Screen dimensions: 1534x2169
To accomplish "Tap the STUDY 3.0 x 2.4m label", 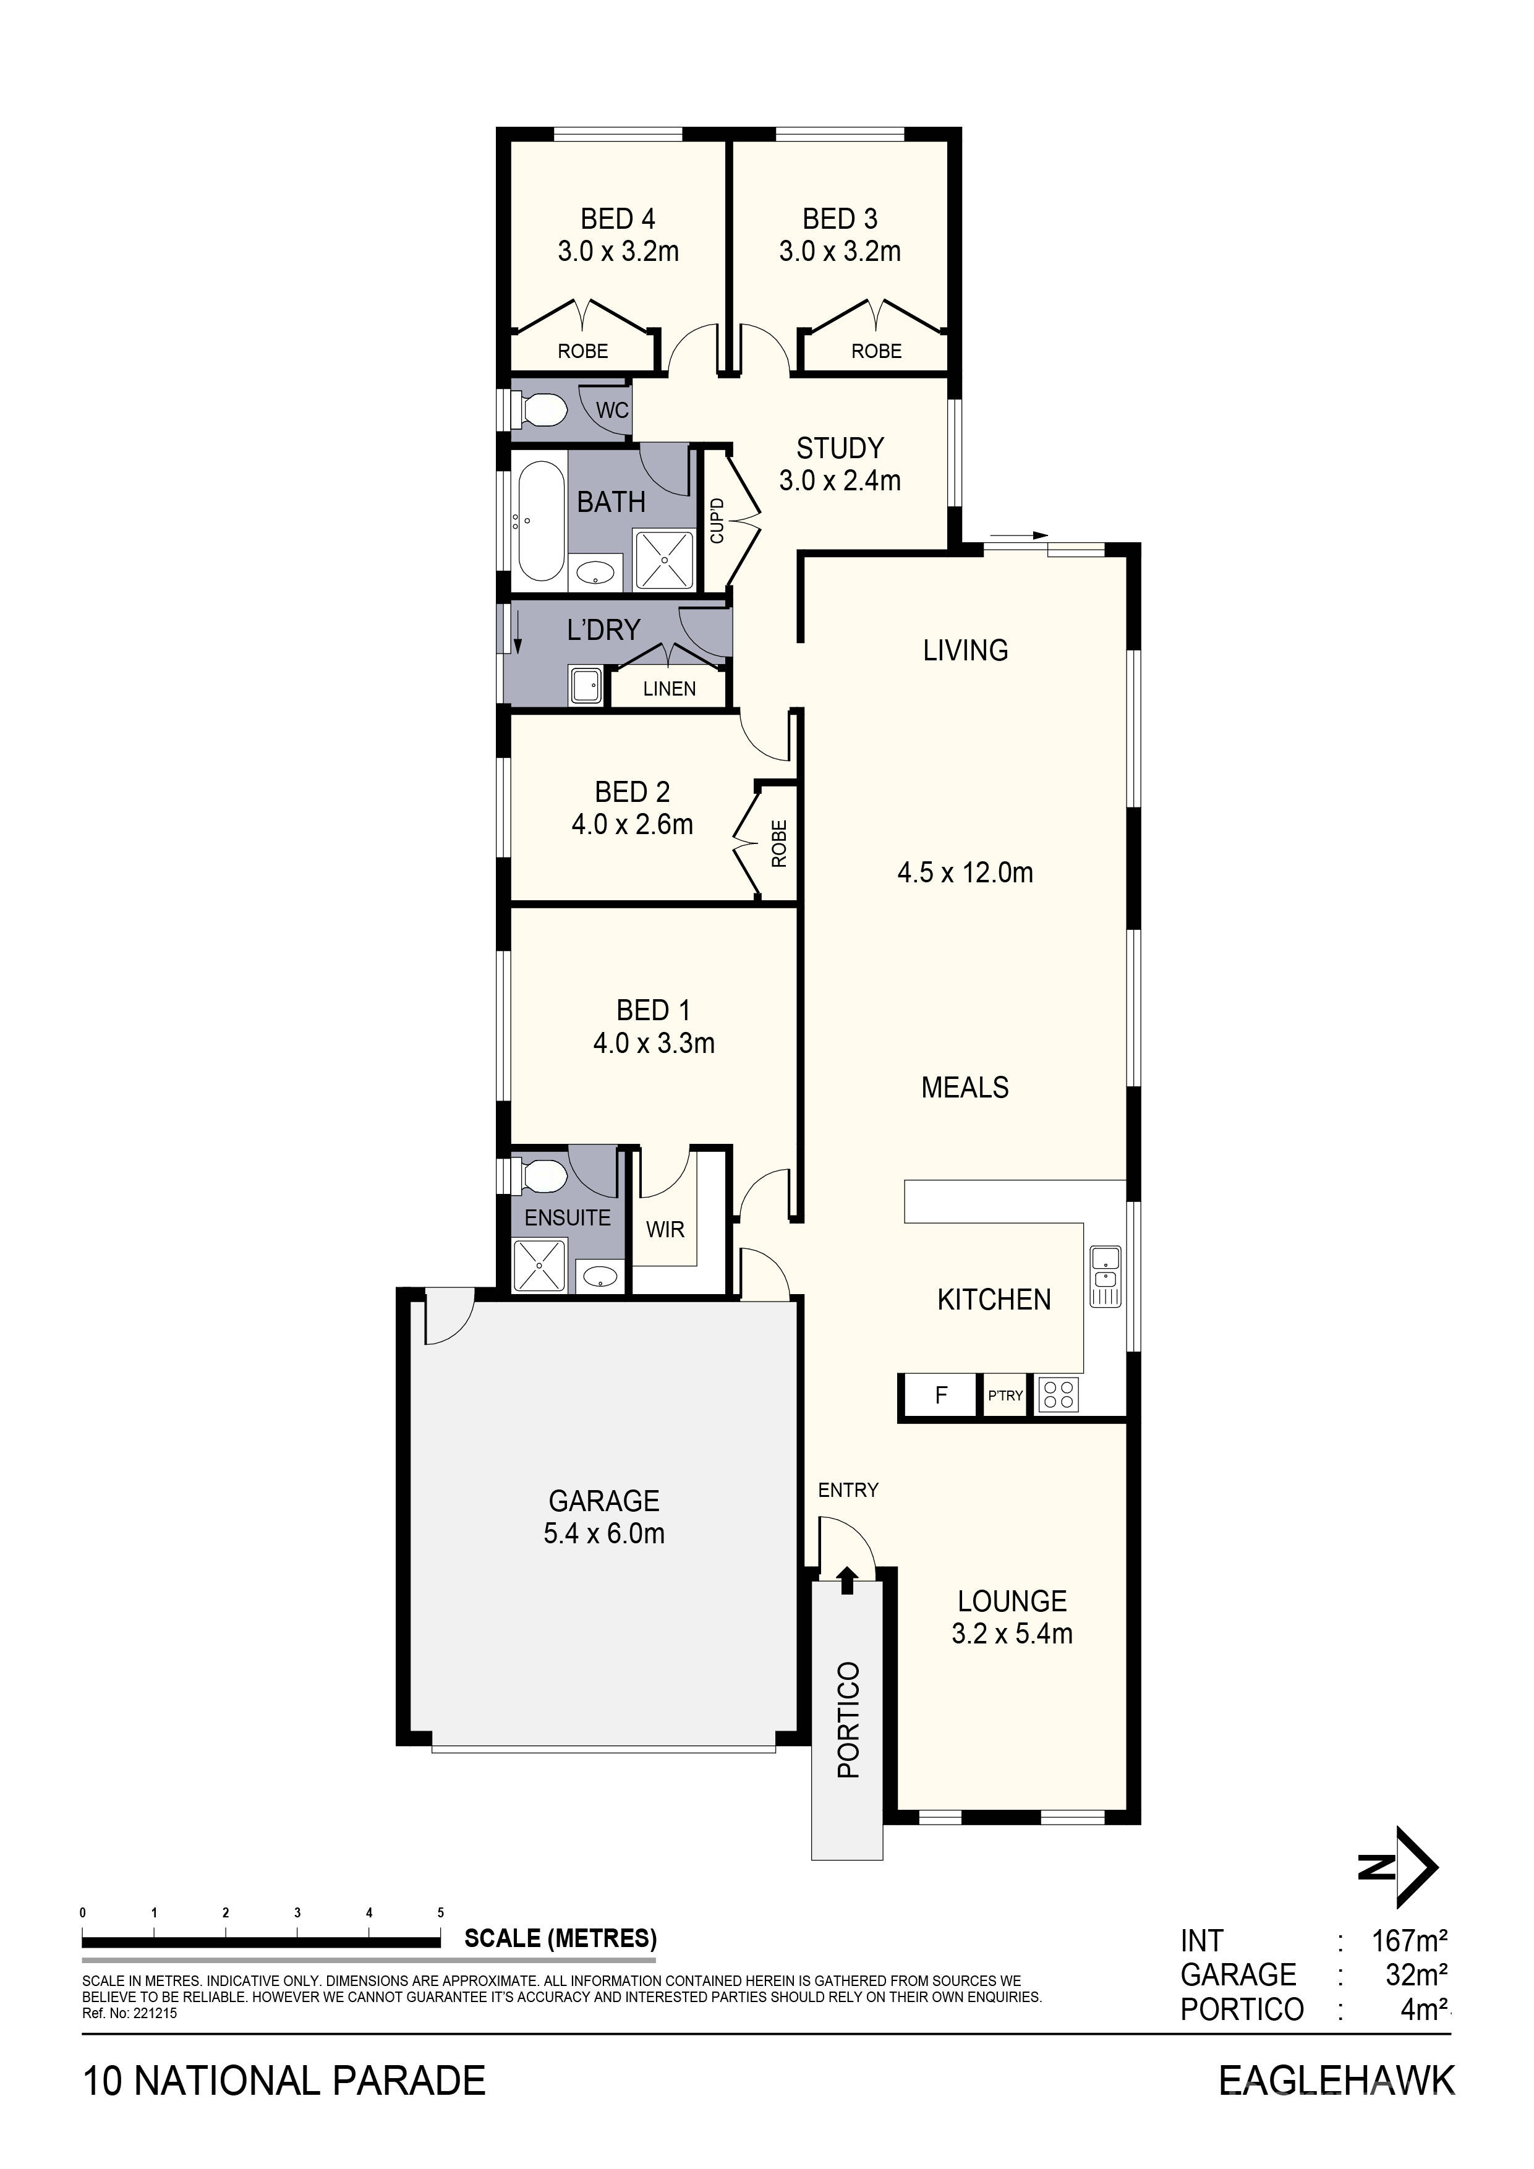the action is point(840,464).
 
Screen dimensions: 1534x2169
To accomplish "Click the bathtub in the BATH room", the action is point(540,521).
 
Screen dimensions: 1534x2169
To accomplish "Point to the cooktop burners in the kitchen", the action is point(1058,1394).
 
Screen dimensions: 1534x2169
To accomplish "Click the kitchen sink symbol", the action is point(1105,1276).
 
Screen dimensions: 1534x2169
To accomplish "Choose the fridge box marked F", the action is point(940,1394).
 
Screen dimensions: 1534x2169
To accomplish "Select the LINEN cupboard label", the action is point(669,689).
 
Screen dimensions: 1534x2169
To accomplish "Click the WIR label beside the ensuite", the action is point(665,1229).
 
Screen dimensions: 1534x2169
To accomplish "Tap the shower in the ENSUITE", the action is point(539,1266).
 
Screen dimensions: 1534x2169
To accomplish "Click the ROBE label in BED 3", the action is point(877,351).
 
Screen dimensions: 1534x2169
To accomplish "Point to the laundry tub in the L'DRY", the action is point(586,685).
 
